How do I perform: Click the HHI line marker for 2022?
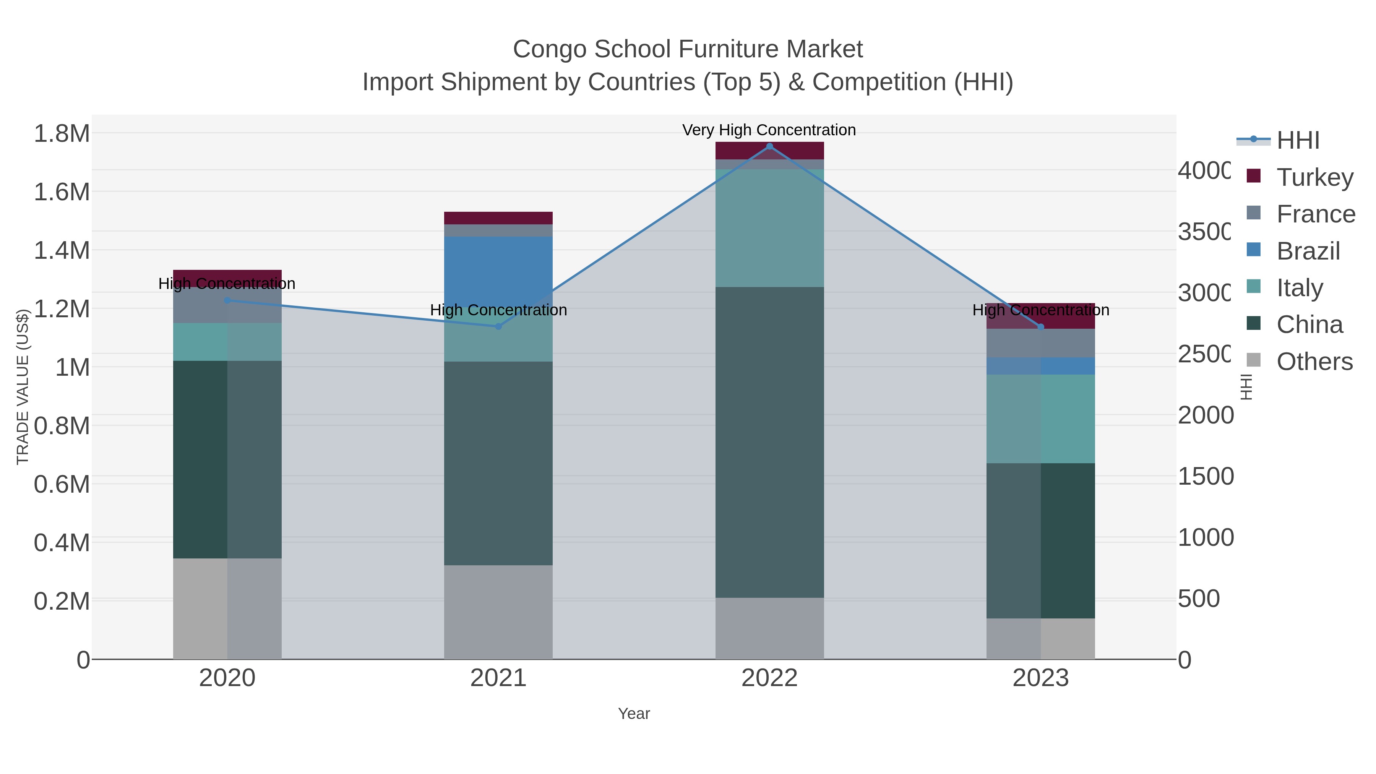769,146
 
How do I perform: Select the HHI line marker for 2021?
498,326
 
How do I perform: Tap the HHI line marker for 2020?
227,301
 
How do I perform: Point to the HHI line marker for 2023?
1040,327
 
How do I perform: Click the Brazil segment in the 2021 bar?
498,267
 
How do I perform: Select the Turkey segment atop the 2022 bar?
769,151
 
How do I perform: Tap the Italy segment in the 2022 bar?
769,228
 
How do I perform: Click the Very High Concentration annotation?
769,130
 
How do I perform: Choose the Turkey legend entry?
1314,177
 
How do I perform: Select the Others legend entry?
1314,362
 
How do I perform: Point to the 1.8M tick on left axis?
62,133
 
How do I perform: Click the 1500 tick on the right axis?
1205,477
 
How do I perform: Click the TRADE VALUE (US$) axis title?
23,387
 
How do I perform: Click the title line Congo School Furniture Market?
688,49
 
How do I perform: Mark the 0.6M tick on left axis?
62,485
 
